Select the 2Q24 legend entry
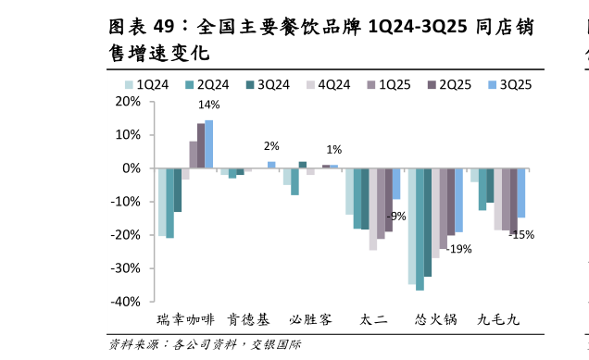tap(207, 84)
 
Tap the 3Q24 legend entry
tap(268, 84)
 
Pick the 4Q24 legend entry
tap(328, 84)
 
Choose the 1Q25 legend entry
tap(388, 84)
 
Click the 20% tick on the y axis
tap(127, 102)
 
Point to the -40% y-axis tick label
tap(124, 302)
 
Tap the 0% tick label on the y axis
tap(131, 168)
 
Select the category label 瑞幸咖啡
tap(185, 320)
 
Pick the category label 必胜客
tap(310, 320)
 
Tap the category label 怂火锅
tap(435, 320)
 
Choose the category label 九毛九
tap(498, 320)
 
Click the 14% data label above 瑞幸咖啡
tap(208, 106)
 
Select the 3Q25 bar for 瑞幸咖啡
tap(208, 144)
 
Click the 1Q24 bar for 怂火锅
tap(412, 226)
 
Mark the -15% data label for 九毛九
tap(521, 235)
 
